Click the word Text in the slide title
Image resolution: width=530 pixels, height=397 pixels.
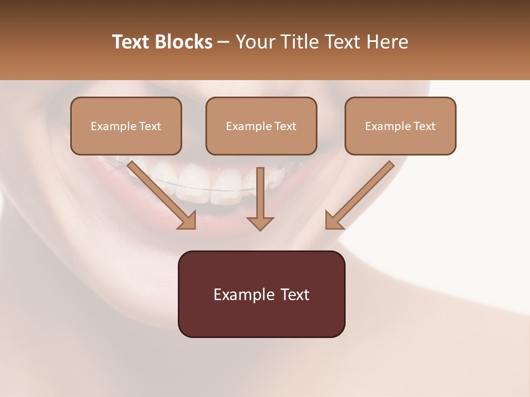[x=132, y=42]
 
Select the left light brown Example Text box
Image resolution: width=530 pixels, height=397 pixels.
[x=126, y=126]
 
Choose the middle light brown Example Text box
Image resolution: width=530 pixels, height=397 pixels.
[x=261, y=126]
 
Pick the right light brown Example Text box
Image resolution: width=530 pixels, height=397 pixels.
[x=400, y=126]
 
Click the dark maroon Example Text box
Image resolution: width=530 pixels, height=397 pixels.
[x=261, y=294]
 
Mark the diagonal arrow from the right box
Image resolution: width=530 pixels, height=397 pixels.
[x=362, y=193]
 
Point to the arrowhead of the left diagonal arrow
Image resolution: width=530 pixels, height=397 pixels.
[x=188, y=221]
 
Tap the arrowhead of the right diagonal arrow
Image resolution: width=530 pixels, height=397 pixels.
[x=333, y=221]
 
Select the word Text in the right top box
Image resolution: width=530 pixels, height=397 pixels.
[x=424, y=126]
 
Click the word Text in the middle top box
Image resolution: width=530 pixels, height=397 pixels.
[x=285, y=126]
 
